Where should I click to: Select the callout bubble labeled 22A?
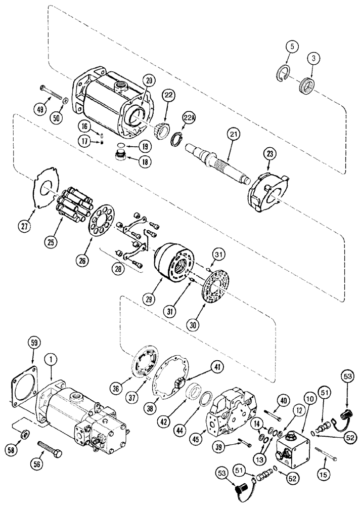(189, 118)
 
